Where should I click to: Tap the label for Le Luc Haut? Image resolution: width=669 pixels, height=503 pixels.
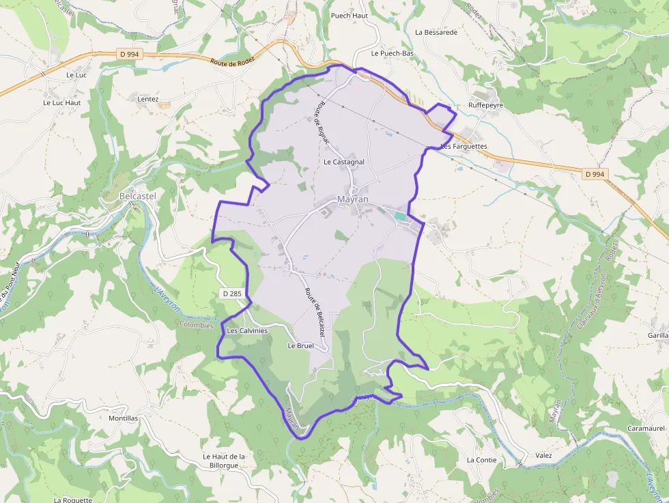coord(62,103)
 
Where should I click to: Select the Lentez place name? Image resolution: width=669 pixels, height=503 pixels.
coord(148,99)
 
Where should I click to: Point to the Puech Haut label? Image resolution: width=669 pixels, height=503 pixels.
coord(349,16)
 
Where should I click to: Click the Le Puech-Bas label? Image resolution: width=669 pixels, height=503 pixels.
coord(393,53)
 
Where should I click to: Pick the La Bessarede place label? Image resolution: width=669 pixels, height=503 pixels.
coord(436,32)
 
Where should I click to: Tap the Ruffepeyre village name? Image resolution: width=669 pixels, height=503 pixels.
coord(485,106)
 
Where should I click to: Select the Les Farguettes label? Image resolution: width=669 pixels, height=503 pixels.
coord(464,147)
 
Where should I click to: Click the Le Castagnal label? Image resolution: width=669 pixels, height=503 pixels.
coord(344,162)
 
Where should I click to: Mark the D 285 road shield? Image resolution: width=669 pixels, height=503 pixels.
coord(232,293)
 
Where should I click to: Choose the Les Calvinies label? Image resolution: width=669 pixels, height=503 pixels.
coord(247,330)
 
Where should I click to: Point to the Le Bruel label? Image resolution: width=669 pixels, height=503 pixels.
coord(300,346)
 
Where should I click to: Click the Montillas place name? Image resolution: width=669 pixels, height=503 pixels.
coord(124,418)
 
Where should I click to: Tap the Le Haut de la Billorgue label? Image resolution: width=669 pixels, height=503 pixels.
coord(224,461)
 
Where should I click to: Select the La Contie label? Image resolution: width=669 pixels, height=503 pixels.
coord(482,460)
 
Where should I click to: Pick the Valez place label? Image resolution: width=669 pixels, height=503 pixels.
coord(544,456)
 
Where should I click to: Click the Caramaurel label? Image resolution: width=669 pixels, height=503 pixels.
coord(646,428)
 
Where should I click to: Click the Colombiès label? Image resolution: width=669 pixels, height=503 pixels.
coord(197,326)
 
